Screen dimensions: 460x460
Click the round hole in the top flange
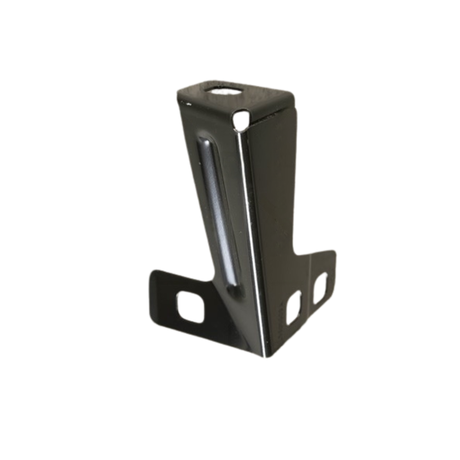coord(225,90)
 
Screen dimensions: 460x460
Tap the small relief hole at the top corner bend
coord(241,119)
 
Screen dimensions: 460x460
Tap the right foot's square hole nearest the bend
coord(293,307)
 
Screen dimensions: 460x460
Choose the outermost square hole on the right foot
coord(320,288)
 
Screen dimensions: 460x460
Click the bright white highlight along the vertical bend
coord(251,230)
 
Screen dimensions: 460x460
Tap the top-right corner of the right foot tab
coord(333,252)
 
